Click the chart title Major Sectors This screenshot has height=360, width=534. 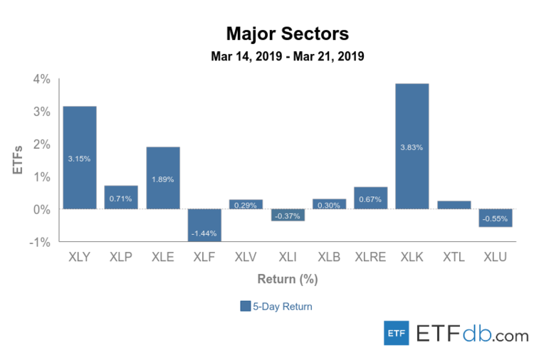[287, 33]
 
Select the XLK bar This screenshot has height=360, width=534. [412, 146]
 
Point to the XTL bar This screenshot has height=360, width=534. [454, 205]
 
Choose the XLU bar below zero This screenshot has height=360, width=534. [496, 218]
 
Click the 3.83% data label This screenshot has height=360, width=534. [412, 147]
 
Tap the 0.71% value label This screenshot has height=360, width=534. [121, 198]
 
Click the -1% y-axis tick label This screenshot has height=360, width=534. [41, 242]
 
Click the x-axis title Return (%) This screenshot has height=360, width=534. [287, 279]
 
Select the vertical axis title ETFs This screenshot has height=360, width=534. [19, 160]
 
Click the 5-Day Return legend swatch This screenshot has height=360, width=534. [245, 307]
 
